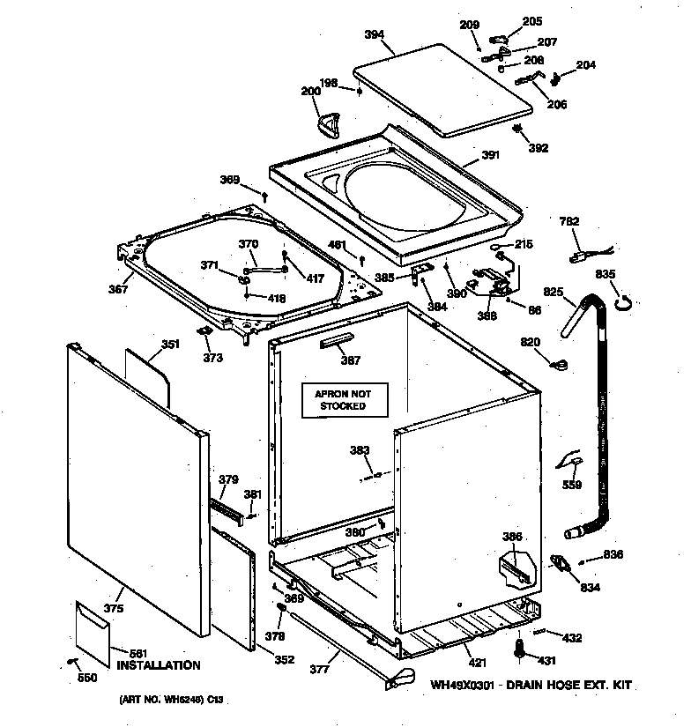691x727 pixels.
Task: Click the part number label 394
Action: pos(374,35)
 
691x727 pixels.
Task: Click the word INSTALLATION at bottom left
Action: pos(159,665)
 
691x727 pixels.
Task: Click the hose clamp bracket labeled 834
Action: pos(560,562)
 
